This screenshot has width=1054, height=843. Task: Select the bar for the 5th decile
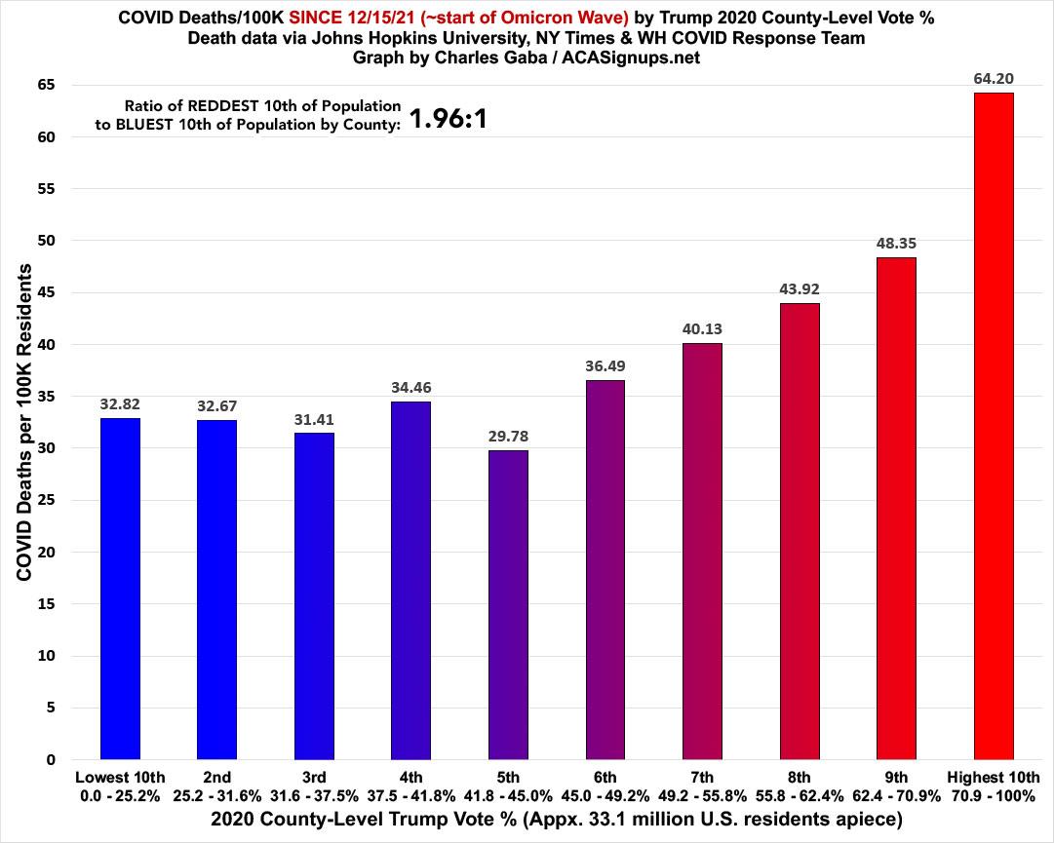click(x=508, y=604)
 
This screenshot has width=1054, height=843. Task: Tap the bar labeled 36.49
click(x=605, y=570)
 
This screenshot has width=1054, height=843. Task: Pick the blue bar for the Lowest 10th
click(x=120, y=589)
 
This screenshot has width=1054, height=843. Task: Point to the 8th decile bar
click(x=800, y=531)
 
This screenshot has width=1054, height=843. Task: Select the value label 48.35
click(x=896, y=244)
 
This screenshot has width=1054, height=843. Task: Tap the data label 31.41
click(x=314, y=420)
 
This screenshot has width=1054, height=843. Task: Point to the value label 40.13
click(x=702, y=329)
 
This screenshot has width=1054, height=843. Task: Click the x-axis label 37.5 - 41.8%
click(x=410, y=794)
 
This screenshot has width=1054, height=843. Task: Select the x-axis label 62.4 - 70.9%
click(x=896, y=794)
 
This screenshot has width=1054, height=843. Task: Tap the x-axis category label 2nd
click(x=216, y=777)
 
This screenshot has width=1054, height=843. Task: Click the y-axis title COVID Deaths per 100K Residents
click(x=24, y=422)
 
